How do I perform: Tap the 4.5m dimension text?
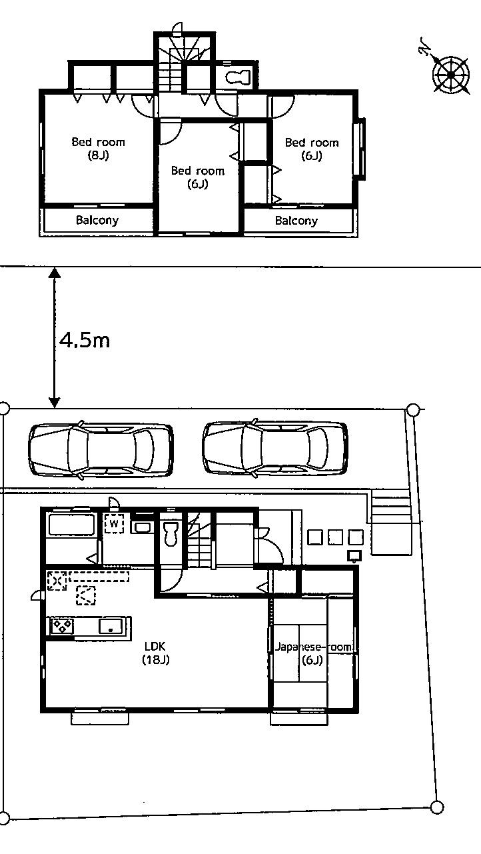(x=85, y=340)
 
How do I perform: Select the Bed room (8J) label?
(x=98, y=149)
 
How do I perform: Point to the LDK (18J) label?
(x=156, y=653)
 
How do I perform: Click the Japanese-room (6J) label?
(x=312, y=653)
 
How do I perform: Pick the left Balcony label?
(x=97, y=220)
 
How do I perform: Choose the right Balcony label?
(x=296, y=220)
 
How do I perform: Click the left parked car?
(x=101, y=450)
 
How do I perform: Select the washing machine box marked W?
(x=114, y=524)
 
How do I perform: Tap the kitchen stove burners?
(x=63, y=626)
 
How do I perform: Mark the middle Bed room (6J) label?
(x=198, y=177)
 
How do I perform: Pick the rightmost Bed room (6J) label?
(x=312, y=149)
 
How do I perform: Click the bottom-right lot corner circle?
(x=436, y=807)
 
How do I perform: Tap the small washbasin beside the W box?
(x=142, y=527)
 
